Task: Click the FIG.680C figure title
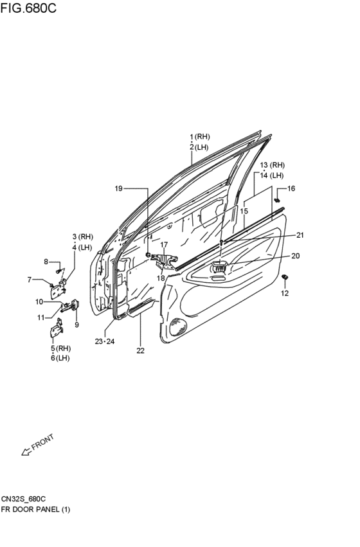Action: click(28, 8)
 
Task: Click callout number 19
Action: click(118, 188)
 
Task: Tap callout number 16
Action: click(291, 188)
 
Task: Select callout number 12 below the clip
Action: click(285, 293)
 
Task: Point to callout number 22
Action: click(140, 350)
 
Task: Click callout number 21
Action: click(300, 235)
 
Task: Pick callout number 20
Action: click(296, 256)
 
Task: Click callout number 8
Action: click(46, 262)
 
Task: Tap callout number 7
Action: click(30, 279)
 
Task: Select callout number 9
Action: click(76, 325)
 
